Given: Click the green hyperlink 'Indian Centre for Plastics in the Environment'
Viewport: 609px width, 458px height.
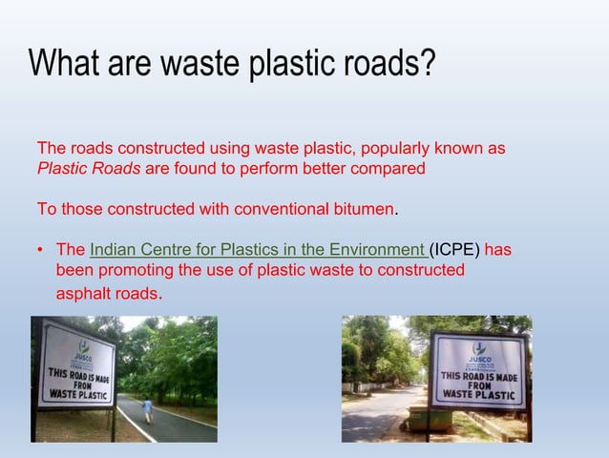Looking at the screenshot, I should tap(258, 250).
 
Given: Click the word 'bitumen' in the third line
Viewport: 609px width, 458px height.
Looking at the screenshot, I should tap(361, 208).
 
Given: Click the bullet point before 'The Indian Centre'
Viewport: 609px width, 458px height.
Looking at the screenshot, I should tap(41, 250).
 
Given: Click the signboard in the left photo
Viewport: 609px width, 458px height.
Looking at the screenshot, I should tap(75, 364).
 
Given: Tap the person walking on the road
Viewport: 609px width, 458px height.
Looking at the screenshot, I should tap(147, 409).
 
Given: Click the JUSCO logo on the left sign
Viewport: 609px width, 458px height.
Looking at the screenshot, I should tap(84, 348).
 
